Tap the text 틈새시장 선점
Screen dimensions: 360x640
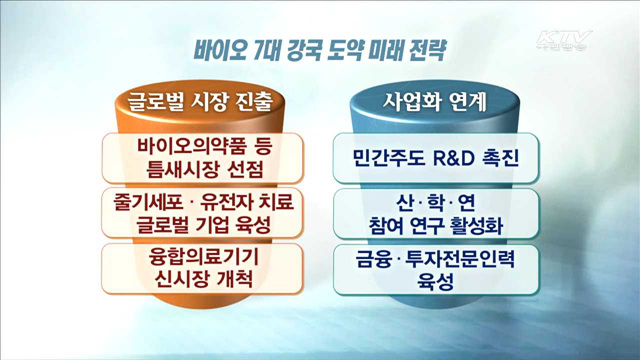click(x=204, y=167)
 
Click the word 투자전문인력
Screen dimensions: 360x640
click(x=458, y=259)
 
